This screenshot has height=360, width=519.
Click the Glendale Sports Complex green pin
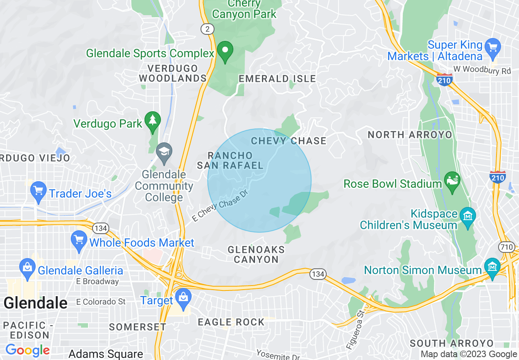click(225, 51)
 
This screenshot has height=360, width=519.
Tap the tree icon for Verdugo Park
click(153, 121)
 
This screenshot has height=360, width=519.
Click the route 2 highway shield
click(208, 29)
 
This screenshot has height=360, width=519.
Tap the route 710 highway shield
click(506, 247)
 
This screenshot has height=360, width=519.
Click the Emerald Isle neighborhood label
click(278, 79)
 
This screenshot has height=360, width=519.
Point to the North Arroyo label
click(410, 135)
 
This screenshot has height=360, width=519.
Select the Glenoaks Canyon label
click(256, 254)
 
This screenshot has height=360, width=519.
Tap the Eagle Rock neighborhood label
click(231, 322)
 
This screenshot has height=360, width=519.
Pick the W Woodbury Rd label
click(482, 70)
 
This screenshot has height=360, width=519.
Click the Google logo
click(27, 350)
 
